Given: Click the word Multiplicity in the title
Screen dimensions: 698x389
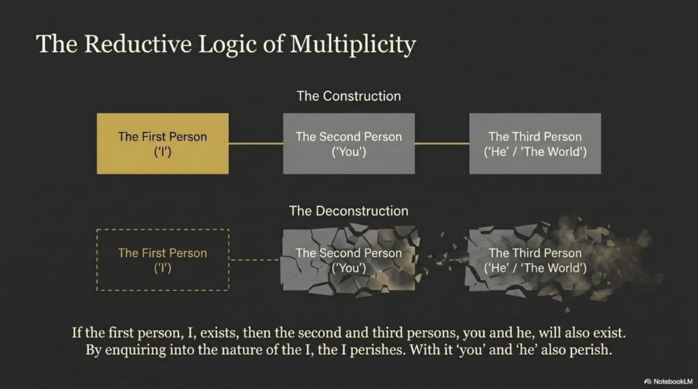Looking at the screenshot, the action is click(353, 44).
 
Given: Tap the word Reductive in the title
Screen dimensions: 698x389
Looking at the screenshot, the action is click(138, 44).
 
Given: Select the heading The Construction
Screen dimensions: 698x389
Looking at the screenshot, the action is click(348, 96).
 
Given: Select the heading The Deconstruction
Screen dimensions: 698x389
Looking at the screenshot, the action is click(348, 211).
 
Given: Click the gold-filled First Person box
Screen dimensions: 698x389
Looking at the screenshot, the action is click(162, 143).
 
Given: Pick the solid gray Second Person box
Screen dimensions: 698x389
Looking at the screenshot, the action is click(348, 143).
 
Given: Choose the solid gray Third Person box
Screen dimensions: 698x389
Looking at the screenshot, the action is click(535, 143).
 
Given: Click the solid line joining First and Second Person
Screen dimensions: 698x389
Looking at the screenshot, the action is click(256, 143).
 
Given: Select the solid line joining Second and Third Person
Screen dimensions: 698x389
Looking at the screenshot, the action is click(442, 143).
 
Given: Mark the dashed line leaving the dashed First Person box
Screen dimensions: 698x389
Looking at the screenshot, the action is click(256, 260).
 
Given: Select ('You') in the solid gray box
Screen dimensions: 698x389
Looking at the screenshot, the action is click(348, 152).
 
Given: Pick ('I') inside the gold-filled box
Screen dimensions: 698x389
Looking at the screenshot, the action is click(162, 152).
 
